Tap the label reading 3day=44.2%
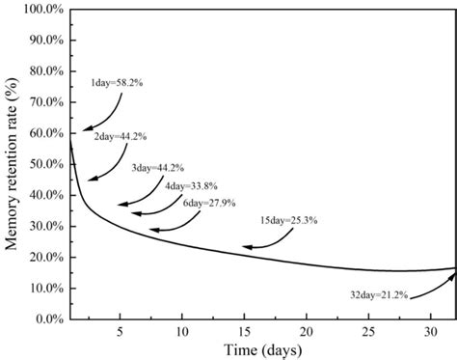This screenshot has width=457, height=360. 157,168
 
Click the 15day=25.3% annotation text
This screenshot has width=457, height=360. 288,221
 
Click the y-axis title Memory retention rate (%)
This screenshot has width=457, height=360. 14,164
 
